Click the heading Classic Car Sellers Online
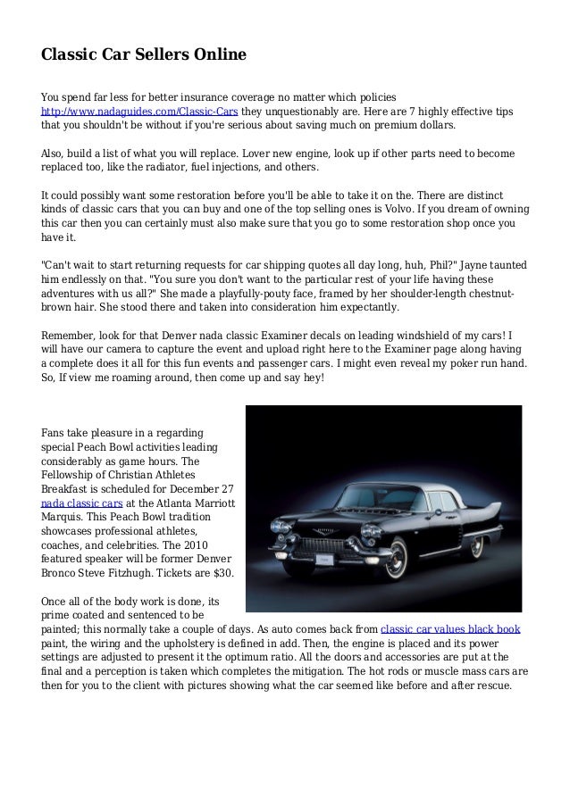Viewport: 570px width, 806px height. point(144,56)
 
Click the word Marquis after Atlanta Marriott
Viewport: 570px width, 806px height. point(67,516)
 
